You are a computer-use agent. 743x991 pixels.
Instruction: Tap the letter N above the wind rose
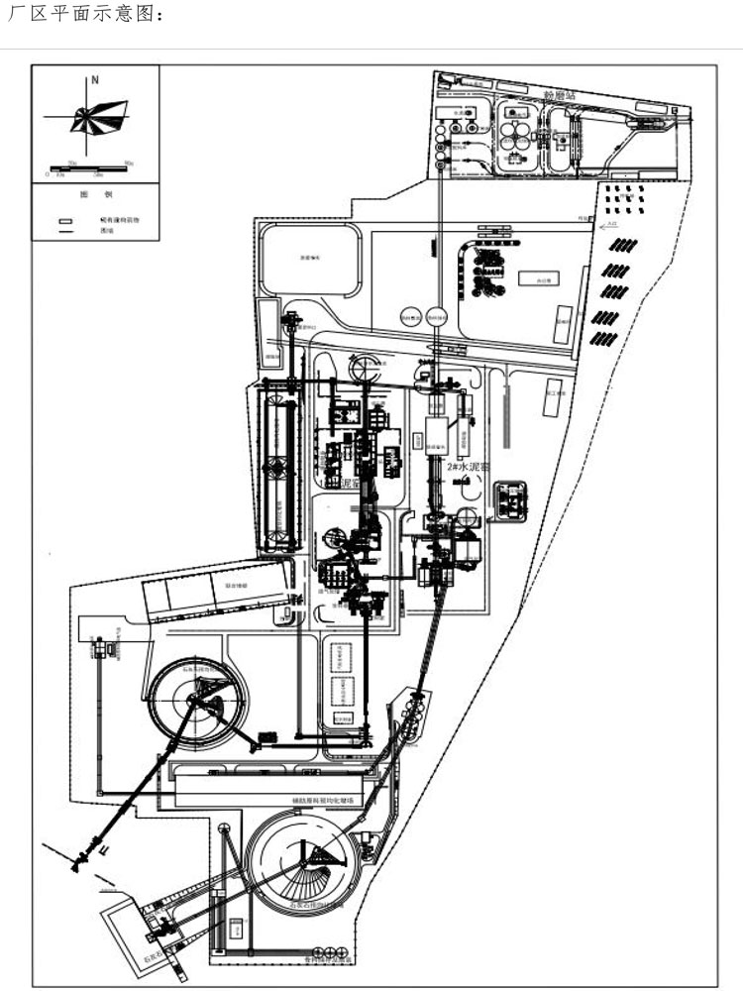pyautogui.click(x=95, y=78)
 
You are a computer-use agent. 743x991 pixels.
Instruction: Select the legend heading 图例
pyautogui.click(x=89, y=195)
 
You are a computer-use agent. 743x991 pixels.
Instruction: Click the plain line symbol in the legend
pyautogui.click(x=65, y=231)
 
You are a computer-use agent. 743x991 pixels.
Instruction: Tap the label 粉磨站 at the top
pyautogui.click(x=561, y=94)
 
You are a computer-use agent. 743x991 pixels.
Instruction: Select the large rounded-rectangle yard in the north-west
pyautogui.click(x=309, y=260)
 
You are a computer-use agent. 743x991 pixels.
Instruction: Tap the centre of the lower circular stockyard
pyautogui.click(x=303, y=862)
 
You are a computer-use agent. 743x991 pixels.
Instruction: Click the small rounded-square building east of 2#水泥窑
pyautogui.click(x=511, y=500)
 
